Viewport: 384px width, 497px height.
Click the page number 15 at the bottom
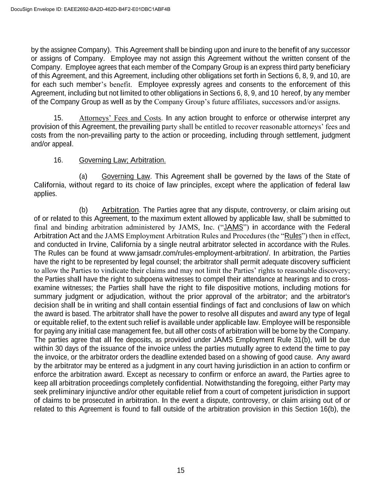click(x=181, y=470)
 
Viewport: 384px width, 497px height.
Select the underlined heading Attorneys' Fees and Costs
click(x=120, y=118)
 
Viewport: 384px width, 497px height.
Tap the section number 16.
click(x=58, y=160)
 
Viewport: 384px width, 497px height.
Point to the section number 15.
click(x=58, y=118)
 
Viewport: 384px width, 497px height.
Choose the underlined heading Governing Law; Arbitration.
click(x=122, y=160)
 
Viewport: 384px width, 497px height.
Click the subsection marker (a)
click(x=83, y=177)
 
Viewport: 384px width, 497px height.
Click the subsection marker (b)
click(x=83, y=210)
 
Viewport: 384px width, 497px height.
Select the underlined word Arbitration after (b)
click(x=120, y=210)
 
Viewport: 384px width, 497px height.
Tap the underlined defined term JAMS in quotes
click(x=233, y=228)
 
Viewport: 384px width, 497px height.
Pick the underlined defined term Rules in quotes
click(x=293, y=236)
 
